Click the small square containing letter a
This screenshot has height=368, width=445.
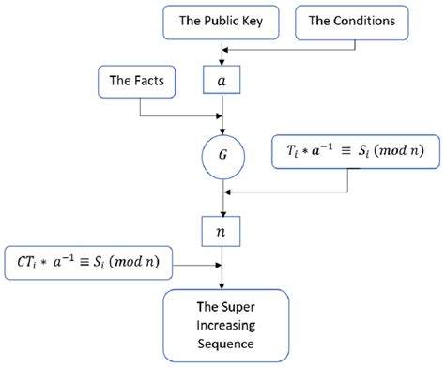point(222,82)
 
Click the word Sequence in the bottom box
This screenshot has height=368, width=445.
point(222,345)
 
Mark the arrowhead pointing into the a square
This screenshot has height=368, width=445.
point(222,62)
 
